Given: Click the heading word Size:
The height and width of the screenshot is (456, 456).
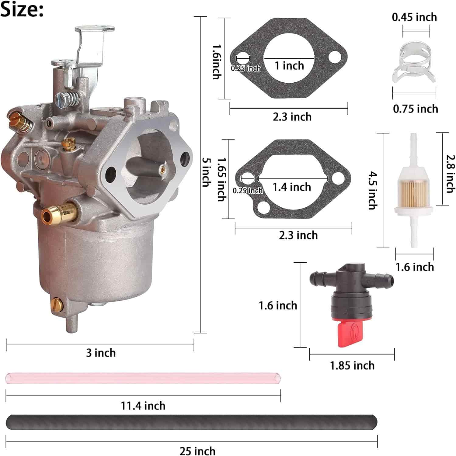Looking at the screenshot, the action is pos(22,10).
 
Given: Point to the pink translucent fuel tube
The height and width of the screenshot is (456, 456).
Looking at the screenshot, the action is pos(143,378).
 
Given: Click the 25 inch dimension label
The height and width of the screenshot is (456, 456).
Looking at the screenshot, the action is pos(197,451).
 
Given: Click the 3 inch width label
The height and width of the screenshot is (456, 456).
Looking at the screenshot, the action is pos(101,353).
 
